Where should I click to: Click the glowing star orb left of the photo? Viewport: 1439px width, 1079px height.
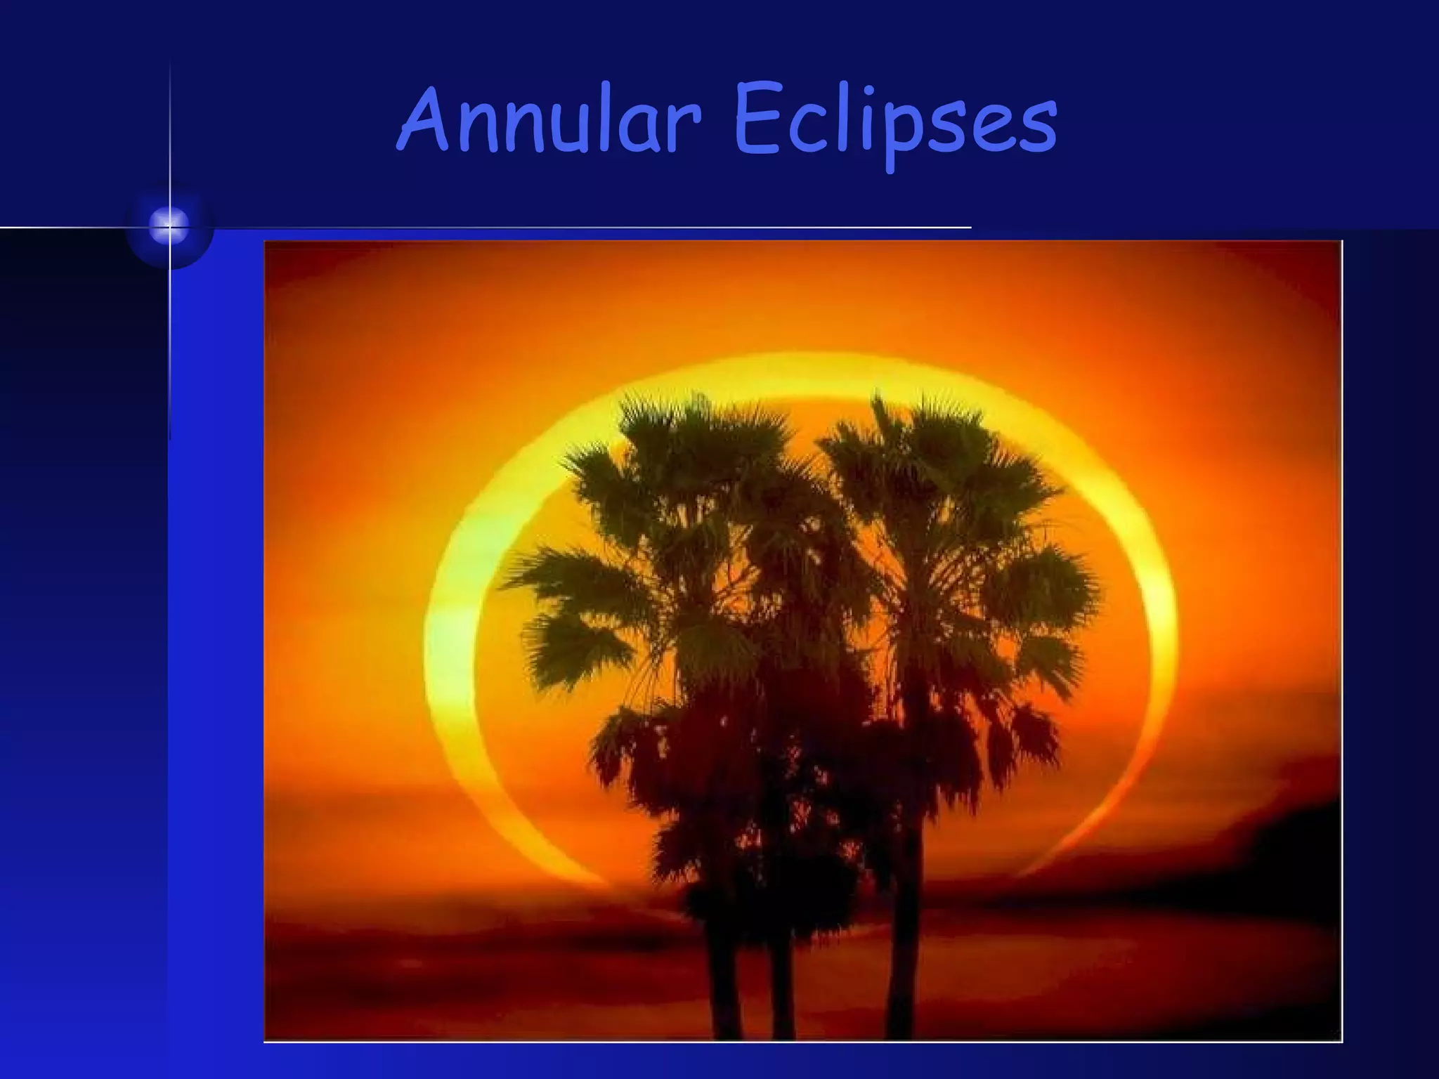coord(169,226)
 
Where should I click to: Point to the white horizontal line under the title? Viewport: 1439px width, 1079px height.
coord(562,228)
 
